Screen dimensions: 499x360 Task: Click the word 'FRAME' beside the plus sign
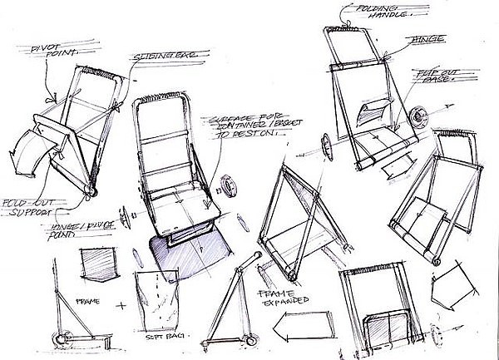(x=88, y=297)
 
